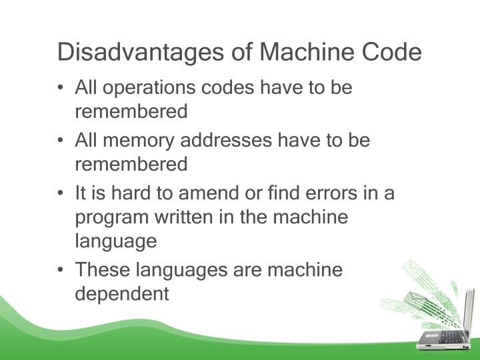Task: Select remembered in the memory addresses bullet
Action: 131,163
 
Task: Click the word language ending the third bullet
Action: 115,241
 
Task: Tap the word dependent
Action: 122,293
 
